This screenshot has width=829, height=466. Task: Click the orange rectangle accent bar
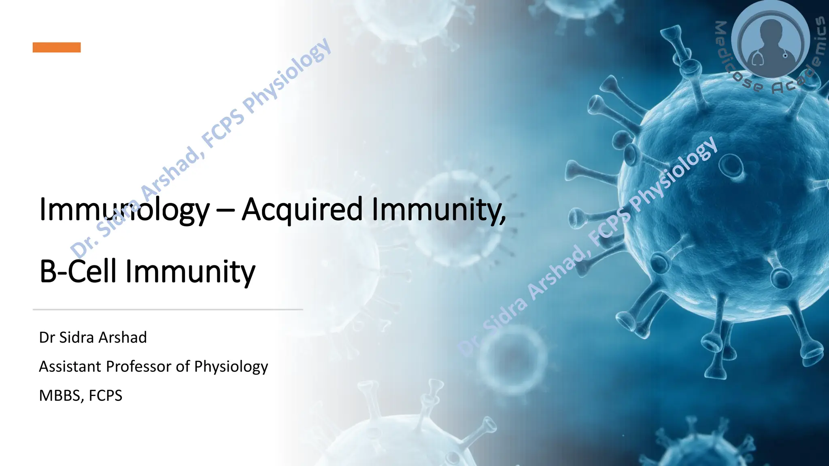point(57,47)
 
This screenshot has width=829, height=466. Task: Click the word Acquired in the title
point(302,210)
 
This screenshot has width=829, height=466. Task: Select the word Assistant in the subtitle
point(70,366)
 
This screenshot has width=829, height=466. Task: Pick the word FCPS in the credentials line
point(105,396)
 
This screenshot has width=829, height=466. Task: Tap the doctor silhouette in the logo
point(771,40)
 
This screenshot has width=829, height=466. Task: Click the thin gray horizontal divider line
point(168,309)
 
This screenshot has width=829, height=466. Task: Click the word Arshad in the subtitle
point(123,337)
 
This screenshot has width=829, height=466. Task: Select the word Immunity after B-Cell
point(190,271)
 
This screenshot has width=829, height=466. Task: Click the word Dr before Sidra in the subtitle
point(47,337)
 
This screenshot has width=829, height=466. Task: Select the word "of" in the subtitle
point(183,366)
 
